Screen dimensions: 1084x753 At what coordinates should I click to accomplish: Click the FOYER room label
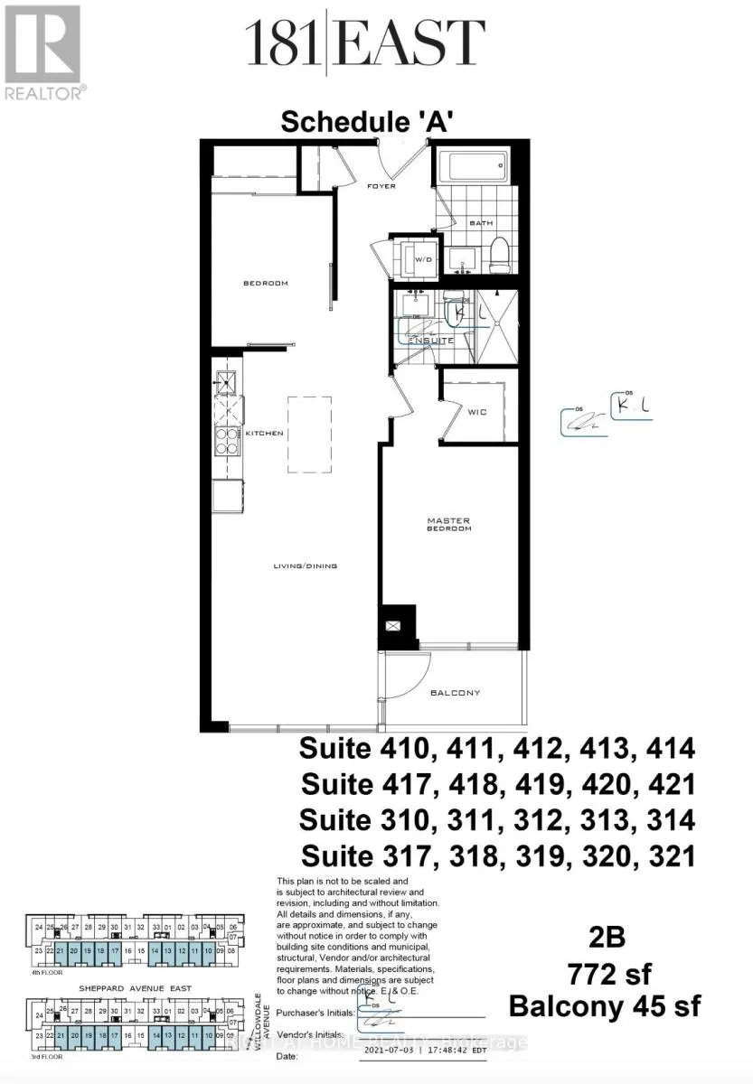pyautogui.click(x=381, y=187)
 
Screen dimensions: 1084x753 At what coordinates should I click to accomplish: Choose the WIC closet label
pyautogui.click(x=478, y=412)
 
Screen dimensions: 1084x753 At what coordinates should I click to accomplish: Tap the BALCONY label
pyautogui.click(x=455, y=693)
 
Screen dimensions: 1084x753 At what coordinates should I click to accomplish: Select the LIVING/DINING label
pyautogui.click(x=306, y=566)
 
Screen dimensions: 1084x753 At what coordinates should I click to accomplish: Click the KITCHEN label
pyautogui.click(x=265, y=434)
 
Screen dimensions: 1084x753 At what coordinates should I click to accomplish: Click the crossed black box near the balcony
pyautogui.click(x=394, y=625)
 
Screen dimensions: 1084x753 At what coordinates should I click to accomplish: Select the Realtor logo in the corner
pyautogui.click(x=42, y=51)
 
